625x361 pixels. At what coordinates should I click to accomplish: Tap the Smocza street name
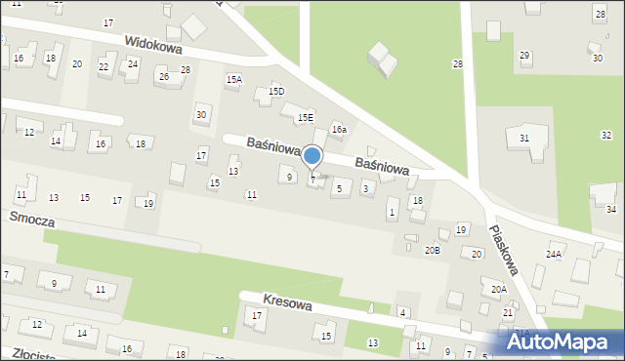31,220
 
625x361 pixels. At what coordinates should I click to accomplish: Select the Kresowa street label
288,304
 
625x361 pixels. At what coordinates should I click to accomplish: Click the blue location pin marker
312,157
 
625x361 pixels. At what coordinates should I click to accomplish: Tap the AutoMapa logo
561,341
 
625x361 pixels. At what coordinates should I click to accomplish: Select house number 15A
233,79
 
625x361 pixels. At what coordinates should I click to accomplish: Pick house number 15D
276,91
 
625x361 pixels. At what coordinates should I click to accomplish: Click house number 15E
306,117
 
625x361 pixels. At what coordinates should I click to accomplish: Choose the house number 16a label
339,129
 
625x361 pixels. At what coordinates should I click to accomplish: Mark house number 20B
432,251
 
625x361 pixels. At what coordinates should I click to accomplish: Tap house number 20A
499,289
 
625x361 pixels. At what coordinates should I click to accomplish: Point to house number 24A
554,254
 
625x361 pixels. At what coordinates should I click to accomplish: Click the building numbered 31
524,139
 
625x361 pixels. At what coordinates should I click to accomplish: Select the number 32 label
606,135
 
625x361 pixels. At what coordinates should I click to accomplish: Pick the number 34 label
611,210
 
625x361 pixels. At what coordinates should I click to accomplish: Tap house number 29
524,56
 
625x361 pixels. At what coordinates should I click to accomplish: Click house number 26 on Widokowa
163,76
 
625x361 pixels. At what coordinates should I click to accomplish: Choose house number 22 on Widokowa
104,66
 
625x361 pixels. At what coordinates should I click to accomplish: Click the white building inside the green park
382,60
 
